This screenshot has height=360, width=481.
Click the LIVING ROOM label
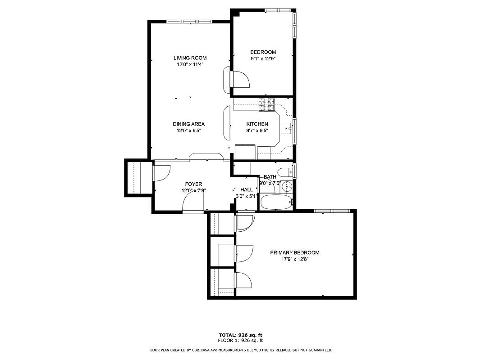[x=190, y=58]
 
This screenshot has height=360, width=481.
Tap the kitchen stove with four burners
[x=266, y=105]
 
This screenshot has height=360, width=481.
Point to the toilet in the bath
[x=284, y=172]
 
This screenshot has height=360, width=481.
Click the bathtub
[x=276, y=202]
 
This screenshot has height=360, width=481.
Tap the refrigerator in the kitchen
[x=245, y=153]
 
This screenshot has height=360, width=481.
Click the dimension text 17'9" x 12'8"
[x=294, y=259]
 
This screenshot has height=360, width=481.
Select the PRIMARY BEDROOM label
[x=294, y=252]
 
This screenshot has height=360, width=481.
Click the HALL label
[x=247, y=190]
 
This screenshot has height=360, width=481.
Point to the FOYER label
[x=193, y=184]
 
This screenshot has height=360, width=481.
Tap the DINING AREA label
[x=188, y=124]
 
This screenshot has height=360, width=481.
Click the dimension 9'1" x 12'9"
[x=263, y=58]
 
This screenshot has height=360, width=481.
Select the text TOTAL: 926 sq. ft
[x=240, y=335]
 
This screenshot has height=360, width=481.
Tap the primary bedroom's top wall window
[x=332, y=211]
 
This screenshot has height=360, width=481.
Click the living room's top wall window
[x=189, y=21]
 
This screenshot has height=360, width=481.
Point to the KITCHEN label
[x=257, y=124]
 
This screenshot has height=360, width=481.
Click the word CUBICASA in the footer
[x=199, y=350]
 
